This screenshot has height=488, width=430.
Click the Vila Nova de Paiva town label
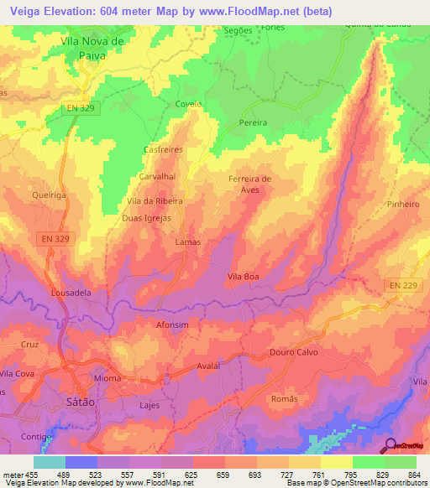coord(93,47)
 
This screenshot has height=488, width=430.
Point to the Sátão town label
coord(80,402)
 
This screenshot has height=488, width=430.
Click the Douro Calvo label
coord(291,352)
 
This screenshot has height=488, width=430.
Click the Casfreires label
coord(164,149)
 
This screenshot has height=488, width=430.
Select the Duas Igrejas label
coord(147,217)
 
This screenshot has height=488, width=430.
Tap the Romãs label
coord(285,399)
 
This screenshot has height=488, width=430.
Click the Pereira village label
coord(253,122)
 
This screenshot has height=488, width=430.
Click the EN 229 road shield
coord(403,286)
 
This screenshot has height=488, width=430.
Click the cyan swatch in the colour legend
coord(50,462)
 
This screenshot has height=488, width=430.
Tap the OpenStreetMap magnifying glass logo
coord(390,444)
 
